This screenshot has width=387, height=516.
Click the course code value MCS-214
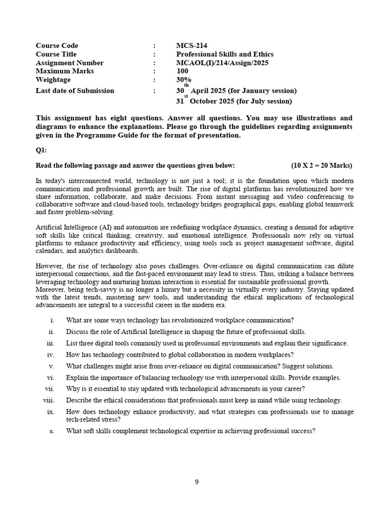click(x=191, y=46)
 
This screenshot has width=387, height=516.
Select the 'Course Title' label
click(x=56, y=54)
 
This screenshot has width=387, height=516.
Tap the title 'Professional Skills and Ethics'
click(x=225, y=54)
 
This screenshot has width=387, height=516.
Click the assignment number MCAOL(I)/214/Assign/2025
click(x=222, y=63)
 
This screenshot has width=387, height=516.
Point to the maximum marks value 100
click(x=182, y=71)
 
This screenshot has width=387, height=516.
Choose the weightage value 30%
click(x=184, y=80)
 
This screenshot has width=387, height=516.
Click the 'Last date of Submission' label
click(x=75, y=91)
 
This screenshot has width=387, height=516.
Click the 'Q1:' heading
click(x=41, y=150)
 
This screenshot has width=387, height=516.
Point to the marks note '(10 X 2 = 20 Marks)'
click(x=321, y=165)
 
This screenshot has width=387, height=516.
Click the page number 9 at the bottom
click(x=197, y=482)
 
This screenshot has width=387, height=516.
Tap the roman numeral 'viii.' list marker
click(x=48, y=401)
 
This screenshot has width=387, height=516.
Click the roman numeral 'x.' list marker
click(x=51, y=431)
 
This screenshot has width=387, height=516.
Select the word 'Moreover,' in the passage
click(x=51, y=290)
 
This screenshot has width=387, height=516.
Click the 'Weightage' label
click(x=53, y=80)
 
